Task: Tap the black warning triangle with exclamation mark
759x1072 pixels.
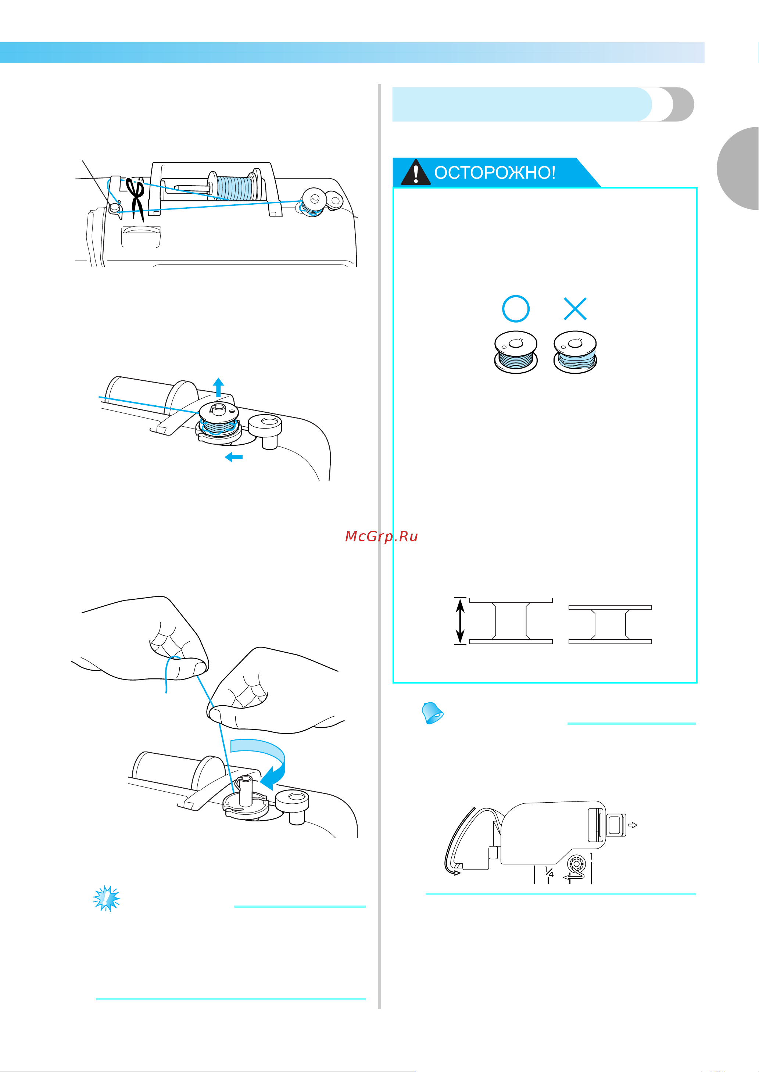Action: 415,172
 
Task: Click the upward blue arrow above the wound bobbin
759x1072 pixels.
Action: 218,387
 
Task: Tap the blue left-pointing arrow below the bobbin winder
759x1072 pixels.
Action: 234,457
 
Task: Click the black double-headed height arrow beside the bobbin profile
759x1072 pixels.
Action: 460,621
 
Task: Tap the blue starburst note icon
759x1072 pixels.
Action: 107,898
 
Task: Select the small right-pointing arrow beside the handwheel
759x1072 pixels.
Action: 632,825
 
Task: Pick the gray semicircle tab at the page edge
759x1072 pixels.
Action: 738,168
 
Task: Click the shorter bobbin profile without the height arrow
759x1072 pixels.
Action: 610,624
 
